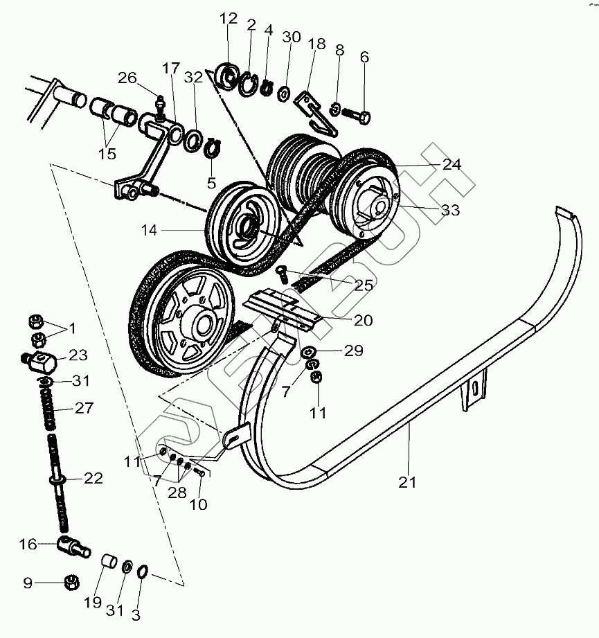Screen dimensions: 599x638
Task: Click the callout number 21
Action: (407, 482)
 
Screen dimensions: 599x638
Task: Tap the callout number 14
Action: (149, 230)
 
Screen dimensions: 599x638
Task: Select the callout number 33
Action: (450, 210)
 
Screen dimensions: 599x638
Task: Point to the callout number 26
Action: (127, 78)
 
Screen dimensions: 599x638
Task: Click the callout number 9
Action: (28, 583)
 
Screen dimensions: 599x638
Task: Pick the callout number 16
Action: (28, 544)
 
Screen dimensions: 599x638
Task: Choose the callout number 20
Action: (363, 320)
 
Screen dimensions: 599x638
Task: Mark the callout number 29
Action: (353, 351)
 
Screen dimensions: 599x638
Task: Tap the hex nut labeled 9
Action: (71, 583)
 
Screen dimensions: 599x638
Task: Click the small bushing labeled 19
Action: (109, 561)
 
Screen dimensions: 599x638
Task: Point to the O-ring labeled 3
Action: (143, 571)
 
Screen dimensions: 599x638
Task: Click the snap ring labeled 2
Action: (248, 85)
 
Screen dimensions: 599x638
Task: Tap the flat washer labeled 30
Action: (284, 94)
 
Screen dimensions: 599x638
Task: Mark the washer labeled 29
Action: (308, 351)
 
